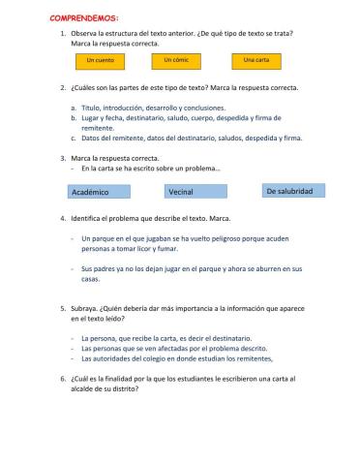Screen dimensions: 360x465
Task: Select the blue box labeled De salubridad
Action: (x=288, y=191)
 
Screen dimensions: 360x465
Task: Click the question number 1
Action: (x=62, y=34)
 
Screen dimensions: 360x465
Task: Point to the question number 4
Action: (x=62, y=219)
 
